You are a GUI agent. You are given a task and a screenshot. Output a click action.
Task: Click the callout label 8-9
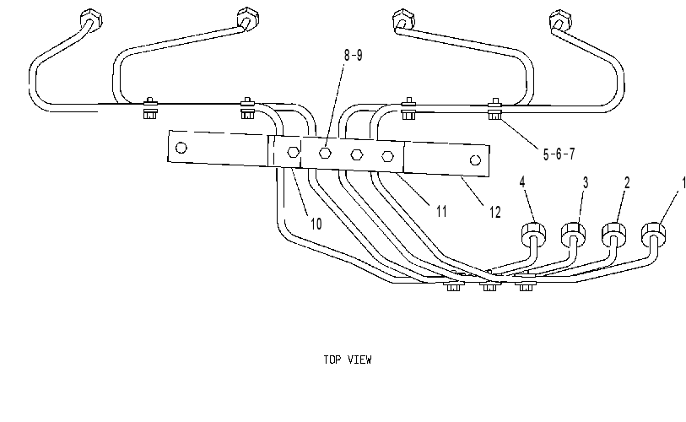pos(353,56)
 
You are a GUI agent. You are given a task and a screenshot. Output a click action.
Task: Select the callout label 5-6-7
pos(559,154)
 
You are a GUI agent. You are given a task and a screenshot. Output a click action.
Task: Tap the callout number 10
pos(316,224)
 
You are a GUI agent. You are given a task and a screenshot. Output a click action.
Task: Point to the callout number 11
pos(442,212)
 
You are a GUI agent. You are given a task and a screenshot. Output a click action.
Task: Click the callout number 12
pos(494,213)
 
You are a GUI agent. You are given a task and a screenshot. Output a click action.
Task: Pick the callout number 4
pos(522,182)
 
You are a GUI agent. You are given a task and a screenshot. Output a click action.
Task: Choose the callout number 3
pos(586,182)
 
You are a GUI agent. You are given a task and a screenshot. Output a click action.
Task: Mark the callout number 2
pos(627,182)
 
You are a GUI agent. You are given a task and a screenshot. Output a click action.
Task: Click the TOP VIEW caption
pos(348,360)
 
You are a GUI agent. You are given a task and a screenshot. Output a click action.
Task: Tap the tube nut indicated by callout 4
pos(534,233)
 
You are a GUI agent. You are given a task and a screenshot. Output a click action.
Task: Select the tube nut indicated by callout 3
pos(573,233)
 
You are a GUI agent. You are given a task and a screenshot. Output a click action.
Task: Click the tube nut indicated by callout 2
pos(613,234)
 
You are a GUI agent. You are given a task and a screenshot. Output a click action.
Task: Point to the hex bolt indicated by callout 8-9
pos(325,153)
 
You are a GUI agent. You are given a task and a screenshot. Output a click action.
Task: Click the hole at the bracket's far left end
pos(181,148)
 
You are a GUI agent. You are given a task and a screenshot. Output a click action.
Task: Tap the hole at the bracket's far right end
pos(475,160)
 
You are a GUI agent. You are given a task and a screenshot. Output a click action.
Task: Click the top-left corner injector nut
pos(91,19)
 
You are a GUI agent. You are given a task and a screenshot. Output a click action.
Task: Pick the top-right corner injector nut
pos(560,20)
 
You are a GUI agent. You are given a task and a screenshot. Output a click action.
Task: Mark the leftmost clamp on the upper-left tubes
pos(150,108)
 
